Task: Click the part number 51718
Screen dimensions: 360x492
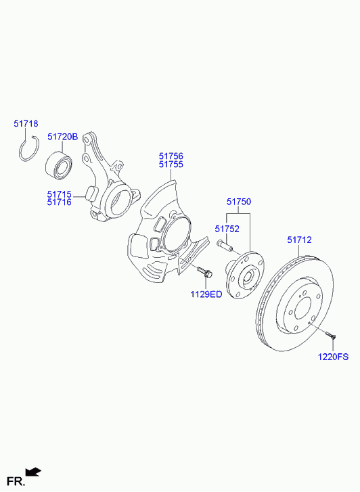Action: coord(26,124)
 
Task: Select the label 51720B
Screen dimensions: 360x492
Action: coord(62,137)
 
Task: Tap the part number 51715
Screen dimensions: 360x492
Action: coord(60,194)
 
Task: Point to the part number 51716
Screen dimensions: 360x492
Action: coord(60,202)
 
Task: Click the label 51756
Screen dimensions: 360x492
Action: coord(171,156)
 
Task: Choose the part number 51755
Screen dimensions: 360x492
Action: coord(171,164)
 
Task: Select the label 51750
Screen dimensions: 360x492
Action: coord(239,202)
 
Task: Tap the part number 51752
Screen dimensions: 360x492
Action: coord(227,229)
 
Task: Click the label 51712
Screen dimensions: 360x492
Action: coord(299,240)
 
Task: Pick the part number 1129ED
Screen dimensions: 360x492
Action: coord(206,294)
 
